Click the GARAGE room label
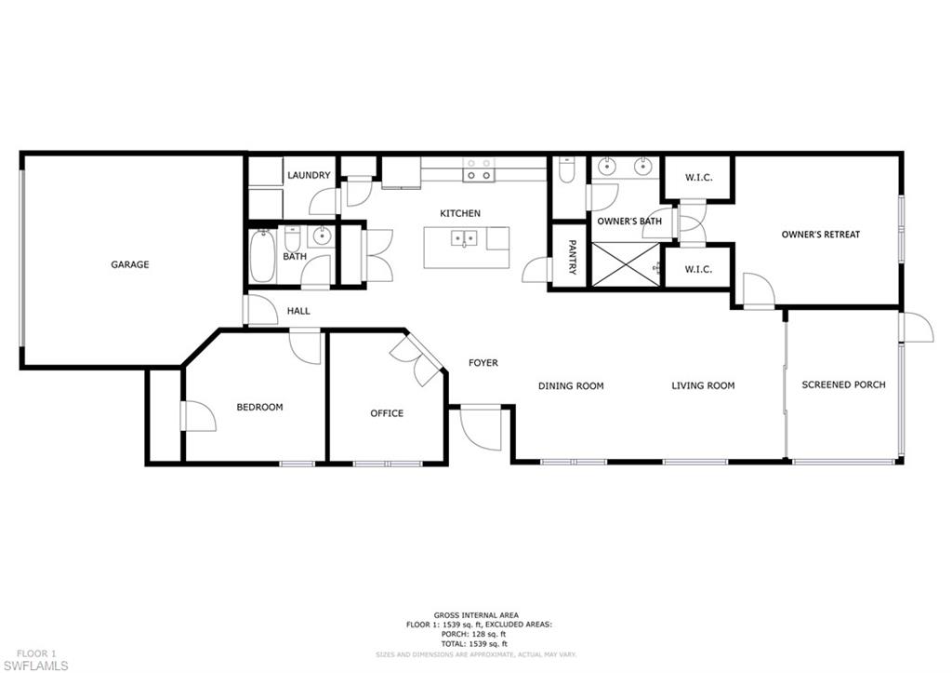tap(130, 264)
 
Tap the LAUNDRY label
tap(309, 175)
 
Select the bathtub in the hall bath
tap(262, 256)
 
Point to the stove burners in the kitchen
tap(480, 168)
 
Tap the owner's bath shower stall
tap(625, 264)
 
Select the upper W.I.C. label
tap(698, 177)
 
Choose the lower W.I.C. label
tap(698, 269)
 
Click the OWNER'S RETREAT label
tap(820, 235)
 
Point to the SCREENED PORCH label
tap(843, 384)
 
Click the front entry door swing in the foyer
tap(481, 428)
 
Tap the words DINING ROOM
tap(571, 385)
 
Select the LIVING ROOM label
tap(703, 385)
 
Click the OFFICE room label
tap(387, 413)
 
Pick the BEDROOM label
tap(259, 407)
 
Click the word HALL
tap(298, 311)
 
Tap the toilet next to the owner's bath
tap(566, 171)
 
